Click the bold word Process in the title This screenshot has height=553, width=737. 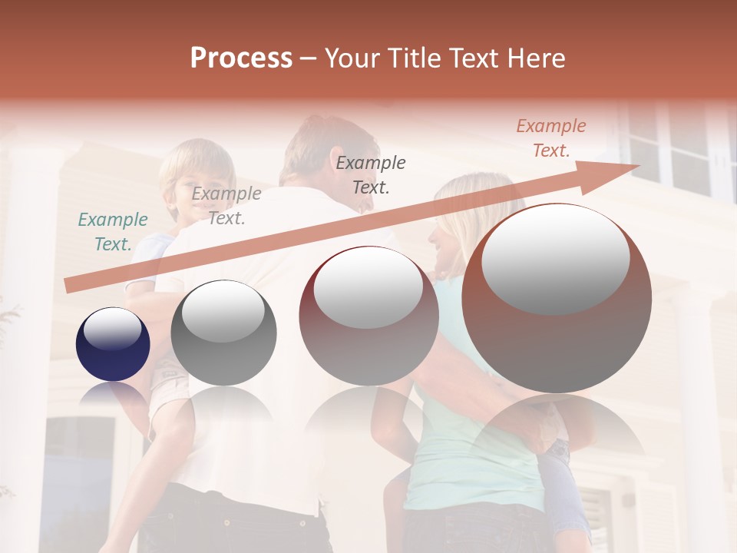pyautogui.click(x=241, y=58)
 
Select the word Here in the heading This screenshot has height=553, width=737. pyautogui.click(x=536, y=58)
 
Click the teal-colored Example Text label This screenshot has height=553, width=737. pyautogui.click(x=113, y=232)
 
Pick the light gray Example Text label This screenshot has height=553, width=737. pyautogui.click(x=226, y=206)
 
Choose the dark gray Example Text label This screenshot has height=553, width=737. pyautogui.click(x=371, y=174)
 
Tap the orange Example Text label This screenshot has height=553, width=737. pyautogui.click(x=551, y=138)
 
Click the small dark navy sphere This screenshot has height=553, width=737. pyautogui.click(x=113, y=344)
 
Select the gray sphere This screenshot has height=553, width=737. pyautogui.click(x=223, y=333)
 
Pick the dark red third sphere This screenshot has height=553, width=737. pyautogui.click(x=368, y=315)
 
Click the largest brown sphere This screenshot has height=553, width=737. pyautogui.click(x=557, y=298)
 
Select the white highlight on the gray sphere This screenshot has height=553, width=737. pyautogui.click(x=223, y=312)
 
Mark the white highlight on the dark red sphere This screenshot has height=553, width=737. pyautogui.click(x=368, y=289)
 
